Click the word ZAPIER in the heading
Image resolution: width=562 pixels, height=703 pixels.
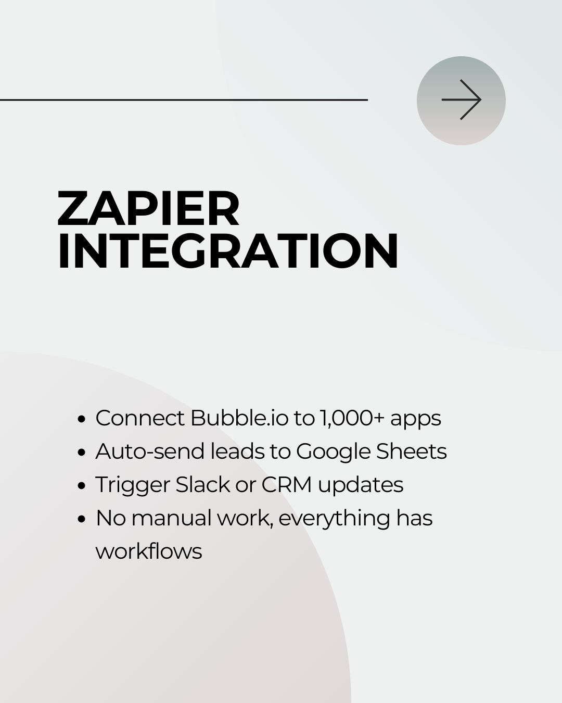149,208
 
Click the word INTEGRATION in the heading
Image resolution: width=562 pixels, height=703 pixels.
228,251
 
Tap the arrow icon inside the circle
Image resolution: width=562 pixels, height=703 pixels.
462,99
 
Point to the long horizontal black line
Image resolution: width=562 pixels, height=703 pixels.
184,99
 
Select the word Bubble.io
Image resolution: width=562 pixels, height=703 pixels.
239,418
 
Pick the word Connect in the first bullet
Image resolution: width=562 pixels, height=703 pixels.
140,418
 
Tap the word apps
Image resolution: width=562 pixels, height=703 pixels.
416,420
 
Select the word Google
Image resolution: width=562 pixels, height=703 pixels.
333,453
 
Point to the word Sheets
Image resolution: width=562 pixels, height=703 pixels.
412,451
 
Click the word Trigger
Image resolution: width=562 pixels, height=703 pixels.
133,486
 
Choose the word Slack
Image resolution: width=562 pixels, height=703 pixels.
203,484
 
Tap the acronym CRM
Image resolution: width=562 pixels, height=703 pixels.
287,484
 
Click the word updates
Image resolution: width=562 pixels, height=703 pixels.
361,486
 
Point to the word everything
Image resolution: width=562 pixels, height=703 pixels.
335,519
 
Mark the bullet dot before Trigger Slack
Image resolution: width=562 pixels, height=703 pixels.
82,485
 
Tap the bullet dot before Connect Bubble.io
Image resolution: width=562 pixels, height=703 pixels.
82,419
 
